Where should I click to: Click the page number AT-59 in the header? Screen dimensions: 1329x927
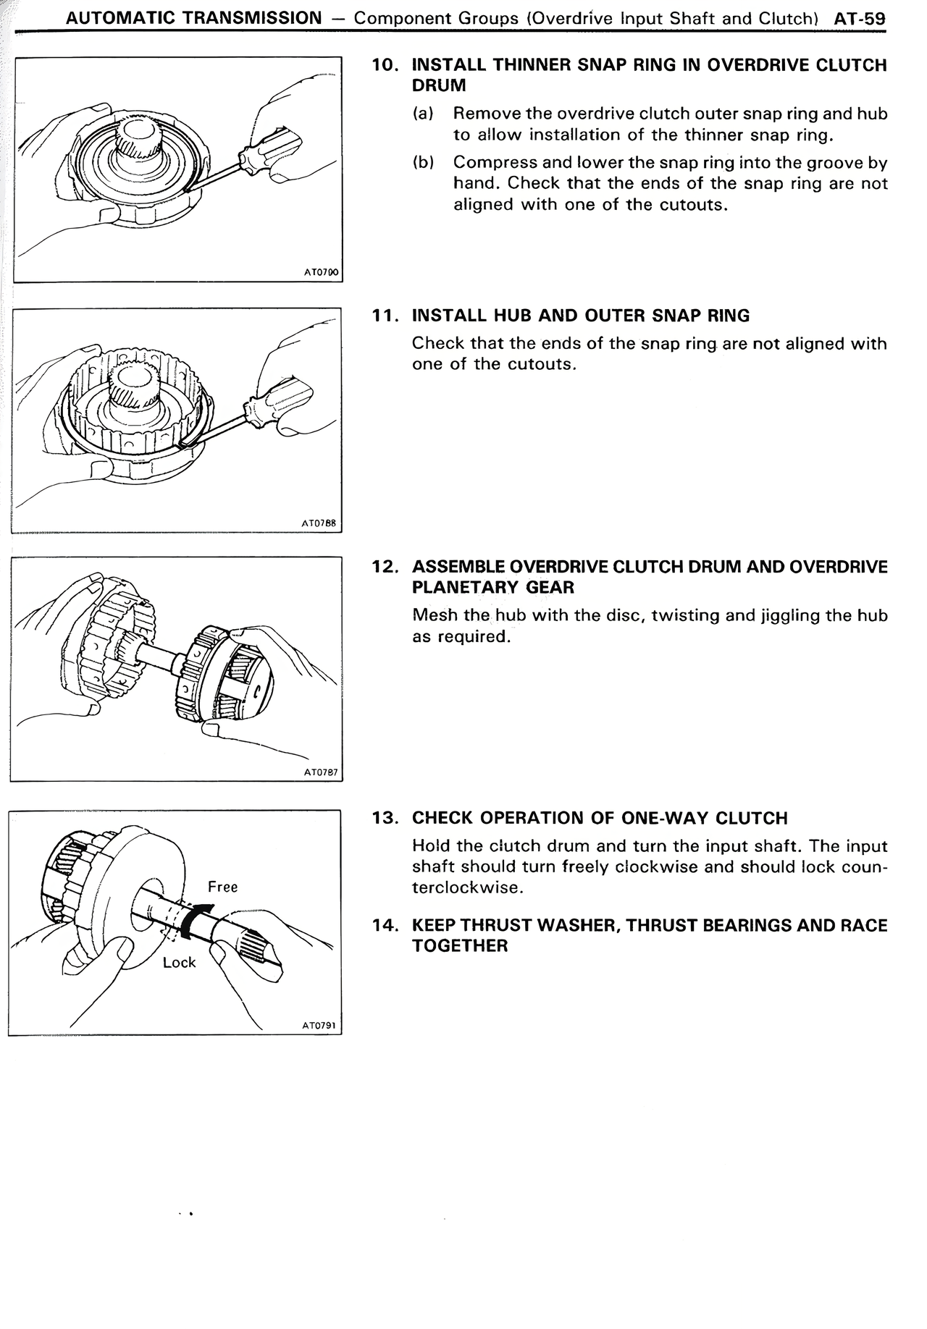(860, 19)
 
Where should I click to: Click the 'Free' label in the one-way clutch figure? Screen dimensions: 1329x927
(222, 887)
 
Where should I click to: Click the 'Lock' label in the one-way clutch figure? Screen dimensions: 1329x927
(179, 962)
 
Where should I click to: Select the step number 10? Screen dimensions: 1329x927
(385, 65)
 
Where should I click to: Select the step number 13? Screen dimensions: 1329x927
(385, 818)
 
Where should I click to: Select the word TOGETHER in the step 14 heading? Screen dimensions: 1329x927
(459, 946)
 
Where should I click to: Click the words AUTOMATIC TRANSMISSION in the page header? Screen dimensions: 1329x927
(193, 19)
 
